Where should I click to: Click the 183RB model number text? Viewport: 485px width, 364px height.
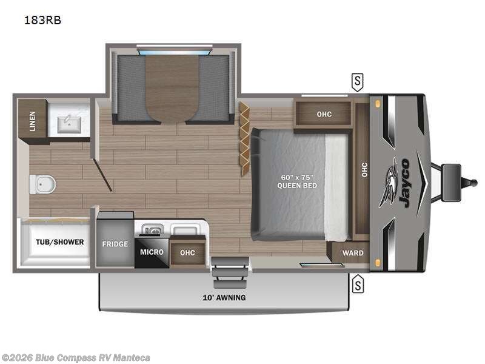tap(42, 20)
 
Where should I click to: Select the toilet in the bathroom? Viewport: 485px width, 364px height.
tap(41, 183)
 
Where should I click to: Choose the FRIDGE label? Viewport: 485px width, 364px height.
tap(115, 244)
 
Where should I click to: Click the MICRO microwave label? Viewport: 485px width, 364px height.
tap(152, 252)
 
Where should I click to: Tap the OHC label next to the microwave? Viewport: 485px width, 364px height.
tap(188, 252)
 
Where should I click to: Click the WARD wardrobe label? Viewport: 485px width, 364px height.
tap(353, 253)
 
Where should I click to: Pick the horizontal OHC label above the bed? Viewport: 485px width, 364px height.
tap(324, 114)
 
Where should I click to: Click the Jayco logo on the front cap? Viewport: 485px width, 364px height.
tap(399, 182)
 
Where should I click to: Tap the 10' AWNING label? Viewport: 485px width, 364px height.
tap(224, 297)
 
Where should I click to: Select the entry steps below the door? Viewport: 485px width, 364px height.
tap(230, 272)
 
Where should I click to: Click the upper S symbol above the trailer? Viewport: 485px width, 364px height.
tap(358, 81)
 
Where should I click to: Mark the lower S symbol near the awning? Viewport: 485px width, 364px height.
tap(358, 283)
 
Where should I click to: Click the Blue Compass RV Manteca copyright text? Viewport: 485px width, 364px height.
tap(76, 357)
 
